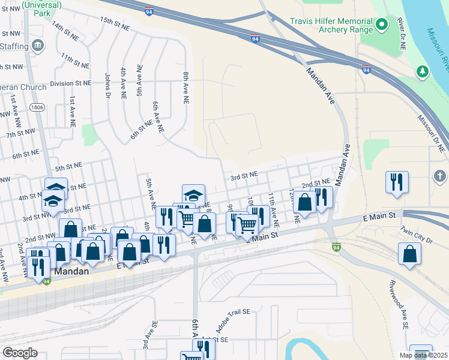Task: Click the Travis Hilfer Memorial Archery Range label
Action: pos(332,25)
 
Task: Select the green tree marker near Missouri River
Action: pos(423,71)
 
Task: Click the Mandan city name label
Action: pos(71,271)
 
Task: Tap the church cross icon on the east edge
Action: pos(440,176)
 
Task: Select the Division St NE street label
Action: pos(70,83)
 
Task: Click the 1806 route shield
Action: pos(38,107)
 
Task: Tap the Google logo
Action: pos(20,353)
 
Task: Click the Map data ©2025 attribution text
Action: pos(423,355)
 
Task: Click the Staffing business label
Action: pos(14,46)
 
